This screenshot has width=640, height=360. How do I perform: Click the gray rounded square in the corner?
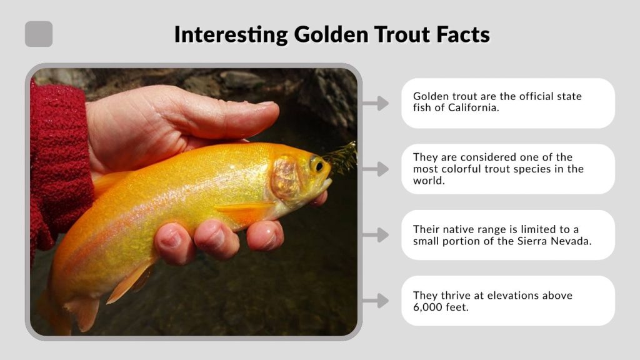tap(39, 34)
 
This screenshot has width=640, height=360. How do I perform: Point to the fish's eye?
tap(318, 166)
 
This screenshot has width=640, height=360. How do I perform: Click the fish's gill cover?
tap(287, 178)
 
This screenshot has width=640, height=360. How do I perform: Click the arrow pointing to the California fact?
tap(376, 103)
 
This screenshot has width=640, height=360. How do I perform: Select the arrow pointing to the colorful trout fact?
tap(376, 169)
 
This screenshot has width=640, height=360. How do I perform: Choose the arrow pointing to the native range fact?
tap(376, 235)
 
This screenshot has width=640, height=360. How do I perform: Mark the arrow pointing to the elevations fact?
tap(376, 301)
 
